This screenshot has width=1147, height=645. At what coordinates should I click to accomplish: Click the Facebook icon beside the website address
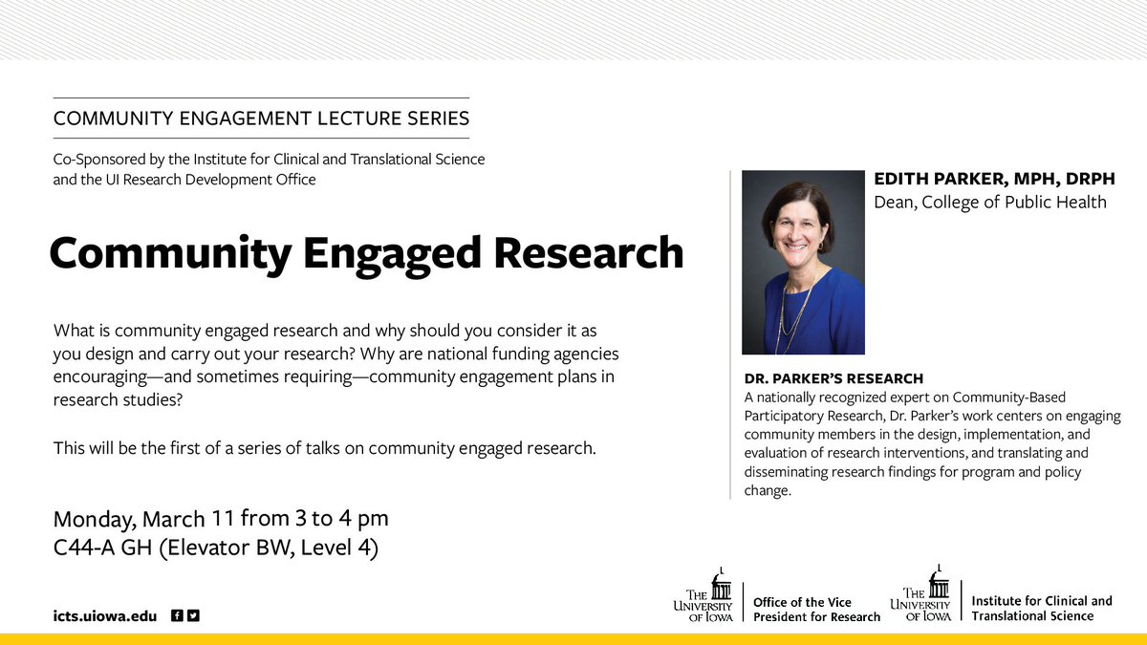[x=177, y=615]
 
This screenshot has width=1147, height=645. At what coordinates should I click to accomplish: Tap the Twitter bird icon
[x=193, y=615]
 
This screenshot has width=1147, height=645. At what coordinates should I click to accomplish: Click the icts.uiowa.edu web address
[x=105, y=615]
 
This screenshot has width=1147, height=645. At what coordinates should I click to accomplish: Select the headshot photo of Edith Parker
[x=803, y=262]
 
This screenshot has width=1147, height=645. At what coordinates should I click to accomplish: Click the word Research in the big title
[x=589, y=252]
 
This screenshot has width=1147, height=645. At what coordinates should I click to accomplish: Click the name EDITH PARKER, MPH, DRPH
[x=994, y=180]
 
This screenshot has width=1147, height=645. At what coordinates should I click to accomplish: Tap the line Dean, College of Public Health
[x=990, y=203]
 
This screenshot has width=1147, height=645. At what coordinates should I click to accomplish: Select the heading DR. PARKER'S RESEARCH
[x=833, y=378]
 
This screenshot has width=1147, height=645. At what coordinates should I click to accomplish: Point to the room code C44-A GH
[x=103, y=548]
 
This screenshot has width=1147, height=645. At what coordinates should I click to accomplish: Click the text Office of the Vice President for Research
[x=816, y=610]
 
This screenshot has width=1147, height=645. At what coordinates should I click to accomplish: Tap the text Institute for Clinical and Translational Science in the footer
[x=1042, y=608]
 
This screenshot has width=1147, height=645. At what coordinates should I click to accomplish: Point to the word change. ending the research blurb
[x=768, y=490]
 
